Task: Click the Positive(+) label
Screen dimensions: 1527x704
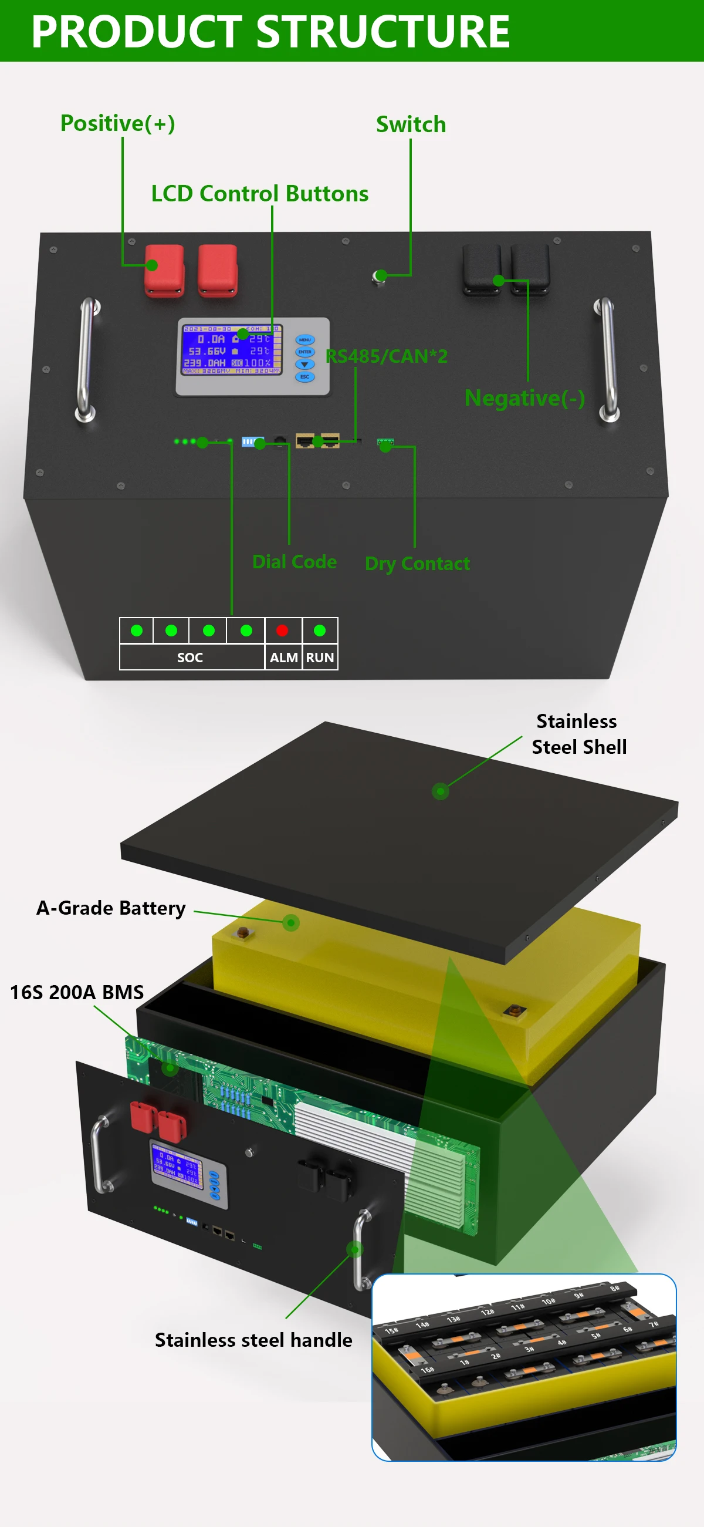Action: coord(117,123)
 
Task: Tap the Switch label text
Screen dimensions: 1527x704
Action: coord(411,124)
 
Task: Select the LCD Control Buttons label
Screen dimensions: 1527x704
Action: coord(259,194)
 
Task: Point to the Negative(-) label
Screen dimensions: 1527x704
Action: coord(524,398)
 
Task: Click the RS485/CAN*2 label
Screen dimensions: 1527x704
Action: coord(387,356)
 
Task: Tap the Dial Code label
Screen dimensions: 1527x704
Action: coord(294,561)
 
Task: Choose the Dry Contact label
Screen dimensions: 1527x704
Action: coord(417,563)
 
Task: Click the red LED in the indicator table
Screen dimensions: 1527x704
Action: coord(282,630)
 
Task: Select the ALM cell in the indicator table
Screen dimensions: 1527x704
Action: coord(283,658)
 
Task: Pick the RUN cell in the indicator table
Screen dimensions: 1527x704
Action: coord(320,658)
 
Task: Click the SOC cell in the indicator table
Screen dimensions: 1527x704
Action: coord(190,658)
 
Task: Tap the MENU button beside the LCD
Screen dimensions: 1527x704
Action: coord(304,340)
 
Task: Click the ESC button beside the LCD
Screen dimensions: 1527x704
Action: coord(304,376)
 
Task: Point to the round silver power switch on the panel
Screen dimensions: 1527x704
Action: coord(378,277)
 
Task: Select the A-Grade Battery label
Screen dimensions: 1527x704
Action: coord(111,908)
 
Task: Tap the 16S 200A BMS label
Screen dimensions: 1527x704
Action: coord(77,992)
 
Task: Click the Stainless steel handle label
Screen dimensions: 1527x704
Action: coord(253,1340)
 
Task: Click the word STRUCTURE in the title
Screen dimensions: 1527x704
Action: coord(383,32)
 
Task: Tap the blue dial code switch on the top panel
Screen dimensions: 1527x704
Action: coord(252,441)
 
